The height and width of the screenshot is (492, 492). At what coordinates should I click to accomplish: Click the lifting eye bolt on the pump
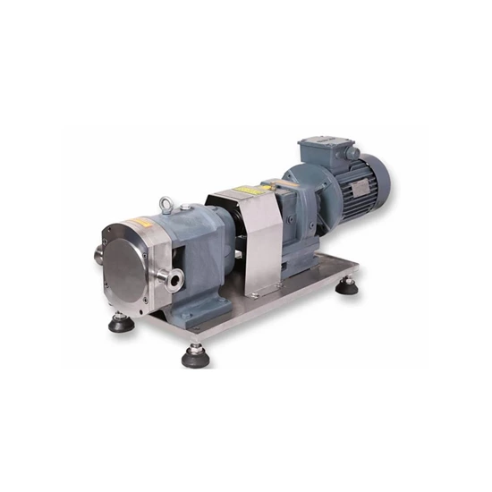pyautogui.click(x=167, y=206)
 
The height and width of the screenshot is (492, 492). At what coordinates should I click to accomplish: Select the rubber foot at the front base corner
pyautogui.click(x=195, y=356)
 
